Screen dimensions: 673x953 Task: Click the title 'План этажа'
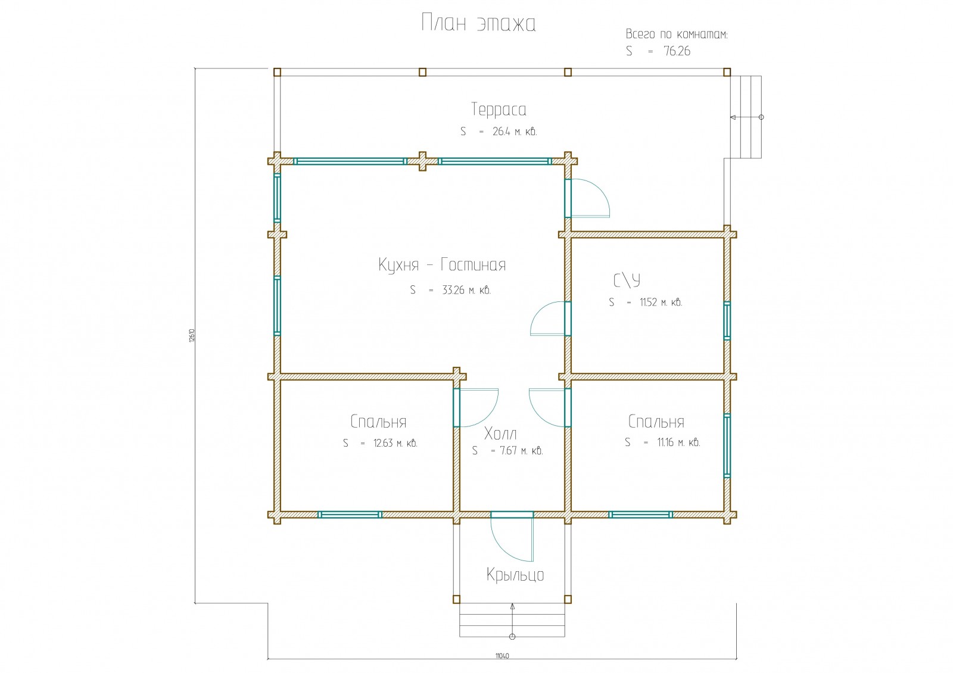tap(478, 23)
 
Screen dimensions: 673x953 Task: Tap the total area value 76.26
tap(677, 51)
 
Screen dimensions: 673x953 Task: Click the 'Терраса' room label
tap(499, 110)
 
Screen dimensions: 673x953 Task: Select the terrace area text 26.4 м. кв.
tap(515, 132)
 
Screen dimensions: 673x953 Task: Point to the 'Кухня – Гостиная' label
tap(442, 265)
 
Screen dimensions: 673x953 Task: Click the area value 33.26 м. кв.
tap(466, 291)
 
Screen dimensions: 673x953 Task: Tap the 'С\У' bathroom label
tap(627, 280)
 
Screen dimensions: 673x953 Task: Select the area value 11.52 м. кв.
tap(661, 303)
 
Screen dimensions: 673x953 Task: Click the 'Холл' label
tap(500, 434)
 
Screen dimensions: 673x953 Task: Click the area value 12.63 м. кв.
tap(395, 443)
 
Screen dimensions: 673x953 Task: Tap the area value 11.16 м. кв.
tap(678, 443)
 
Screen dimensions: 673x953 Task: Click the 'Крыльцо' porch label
tap(515, 575)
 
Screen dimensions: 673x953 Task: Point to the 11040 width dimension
tap(502, 656)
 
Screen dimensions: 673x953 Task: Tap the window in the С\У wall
tap(727, 322)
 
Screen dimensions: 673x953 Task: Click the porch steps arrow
tap(512, 619)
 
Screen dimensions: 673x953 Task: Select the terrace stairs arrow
tap(746, 117)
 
